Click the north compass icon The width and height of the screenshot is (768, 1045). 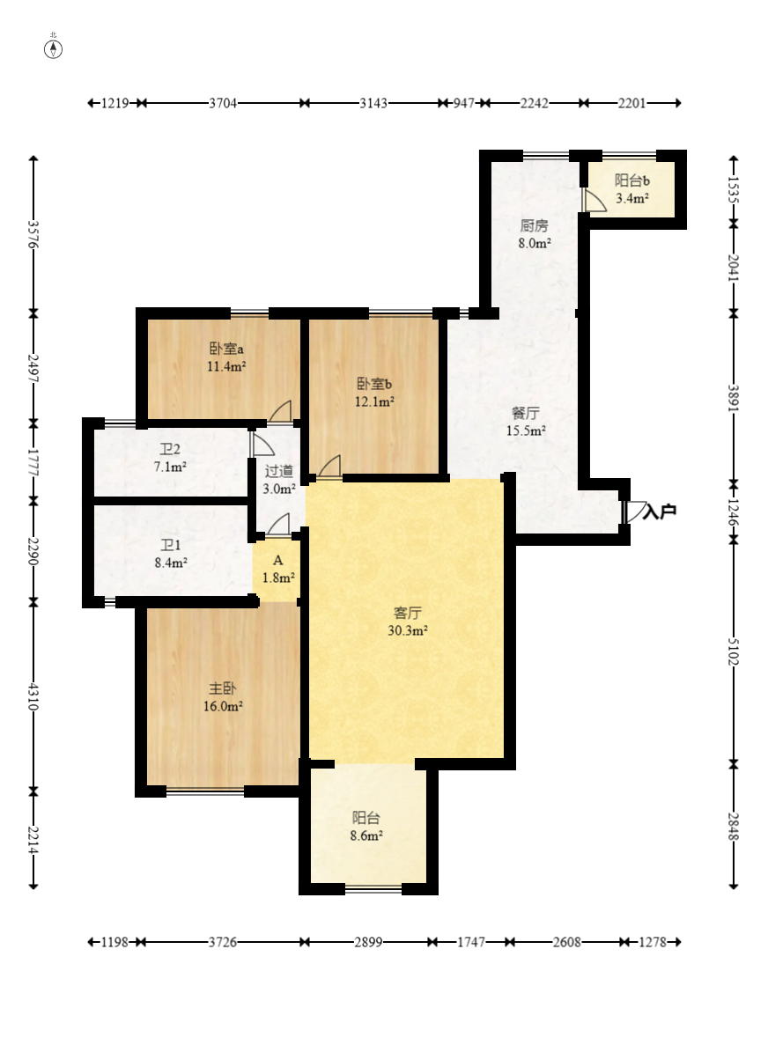point(54,48)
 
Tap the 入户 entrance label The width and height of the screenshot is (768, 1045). point(660,511)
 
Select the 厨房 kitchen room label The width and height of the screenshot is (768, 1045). point(534,226)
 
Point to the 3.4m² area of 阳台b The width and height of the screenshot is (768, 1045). point(632,198)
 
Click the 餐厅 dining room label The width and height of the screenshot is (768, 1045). point(525,413)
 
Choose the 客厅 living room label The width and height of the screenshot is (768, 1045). point(407,613)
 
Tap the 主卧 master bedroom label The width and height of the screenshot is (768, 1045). point(222,688)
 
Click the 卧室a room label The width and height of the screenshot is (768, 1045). point(226,349)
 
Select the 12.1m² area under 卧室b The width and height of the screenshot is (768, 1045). point(374,401)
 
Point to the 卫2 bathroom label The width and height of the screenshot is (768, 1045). point(170,450)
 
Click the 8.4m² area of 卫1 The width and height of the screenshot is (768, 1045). point(171,563)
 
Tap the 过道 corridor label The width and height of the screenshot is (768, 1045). point(278,471)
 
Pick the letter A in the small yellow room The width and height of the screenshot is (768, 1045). point(278,561)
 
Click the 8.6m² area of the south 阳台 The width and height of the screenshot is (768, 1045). point(366,835)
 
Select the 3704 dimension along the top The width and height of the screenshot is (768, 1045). point(223,103)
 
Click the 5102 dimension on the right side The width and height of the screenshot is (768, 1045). point(734,651)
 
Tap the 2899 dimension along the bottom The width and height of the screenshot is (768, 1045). point(368,942)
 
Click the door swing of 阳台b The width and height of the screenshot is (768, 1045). point(590,199)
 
